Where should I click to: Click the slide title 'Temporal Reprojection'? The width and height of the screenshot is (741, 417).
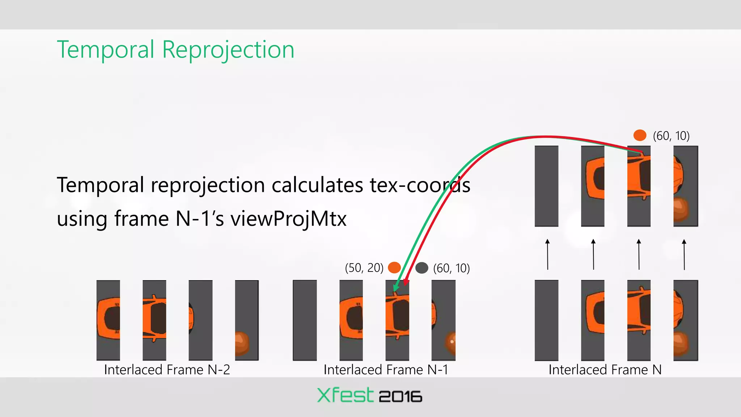pyautogui.click(x=175, y=50)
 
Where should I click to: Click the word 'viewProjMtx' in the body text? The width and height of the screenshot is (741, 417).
pyautogui.click(x=288, y=219)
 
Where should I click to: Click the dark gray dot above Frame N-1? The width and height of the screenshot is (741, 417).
pyautogui.click(x=422, y=268)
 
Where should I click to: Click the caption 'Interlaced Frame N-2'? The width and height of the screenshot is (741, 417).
pyautogui.click(x=167, y=370)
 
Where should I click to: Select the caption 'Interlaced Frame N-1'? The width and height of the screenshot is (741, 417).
pyautogui.click(x=386, y=370)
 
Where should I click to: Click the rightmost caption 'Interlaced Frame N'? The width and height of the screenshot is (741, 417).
pyautogui.click(x=605, y=370)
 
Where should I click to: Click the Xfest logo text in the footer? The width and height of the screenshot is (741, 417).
pyautogui.click(x=345, y=395)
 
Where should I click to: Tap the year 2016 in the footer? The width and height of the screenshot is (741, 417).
pyautogui.click(x=400, y=397)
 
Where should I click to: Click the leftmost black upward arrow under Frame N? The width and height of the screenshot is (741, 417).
pyautogui.click(x=547, y=254)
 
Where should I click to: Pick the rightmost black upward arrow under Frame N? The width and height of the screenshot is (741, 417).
pyautogui.click(x=684, y=254)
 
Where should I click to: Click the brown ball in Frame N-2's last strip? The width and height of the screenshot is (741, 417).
pyautogui.click(x=242, y=342)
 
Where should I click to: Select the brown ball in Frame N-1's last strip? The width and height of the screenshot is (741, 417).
pyautogui.click(x=450, y=342)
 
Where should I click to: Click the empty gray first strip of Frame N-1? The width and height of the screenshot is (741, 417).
pyautogui.click(x=305, y=320)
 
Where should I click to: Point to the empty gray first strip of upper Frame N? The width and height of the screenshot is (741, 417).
pyautogui.click(x=546, y=186)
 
